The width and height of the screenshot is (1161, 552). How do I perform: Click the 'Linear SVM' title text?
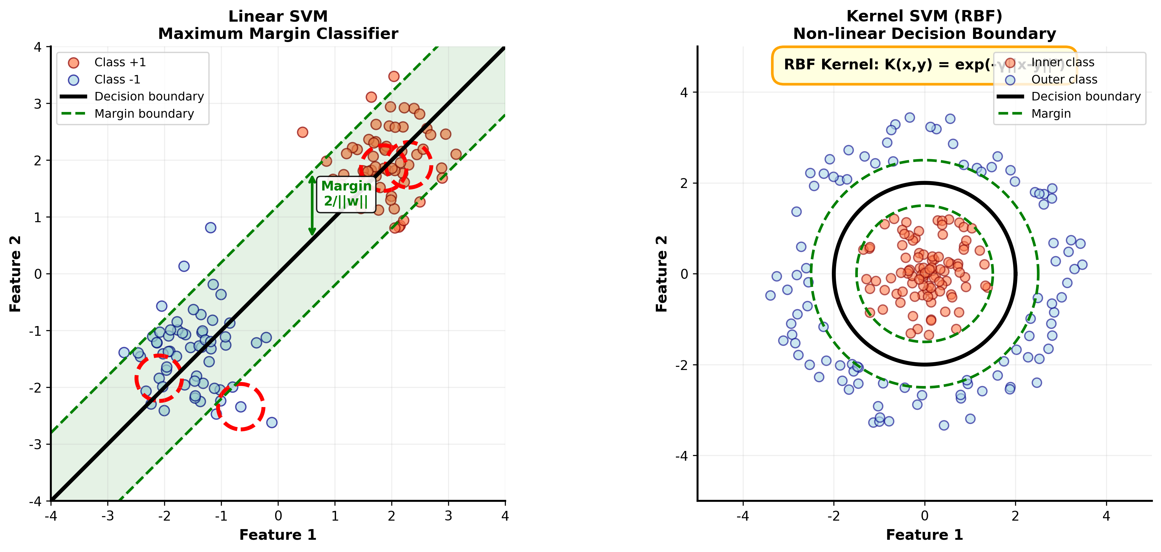[278, 16]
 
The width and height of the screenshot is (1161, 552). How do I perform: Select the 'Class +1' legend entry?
[120, 62]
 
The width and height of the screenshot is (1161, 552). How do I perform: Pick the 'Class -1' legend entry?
[117, 79]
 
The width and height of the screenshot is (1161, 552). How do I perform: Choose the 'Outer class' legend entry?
[1064, 79]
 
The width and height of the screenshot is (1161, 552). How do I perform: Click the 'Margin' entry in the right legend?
[1051, 114]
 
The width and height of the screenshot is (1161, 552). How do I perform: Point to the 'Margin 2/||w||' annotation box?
[346, 194]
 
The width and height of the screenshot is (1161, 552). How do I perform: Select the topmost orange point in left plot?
[394, 76]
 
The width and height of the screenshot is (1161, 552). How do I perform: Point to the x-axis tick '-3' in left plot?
[108, 516]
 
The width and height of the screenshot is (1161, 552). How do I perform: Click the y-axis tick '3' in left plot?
[38, 104]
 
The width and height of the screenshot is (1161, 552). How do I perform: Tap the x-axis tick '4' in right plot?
[1106, 516]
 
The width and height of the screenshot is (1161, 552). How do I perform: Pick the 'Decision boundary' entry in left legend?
[149, 96]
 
